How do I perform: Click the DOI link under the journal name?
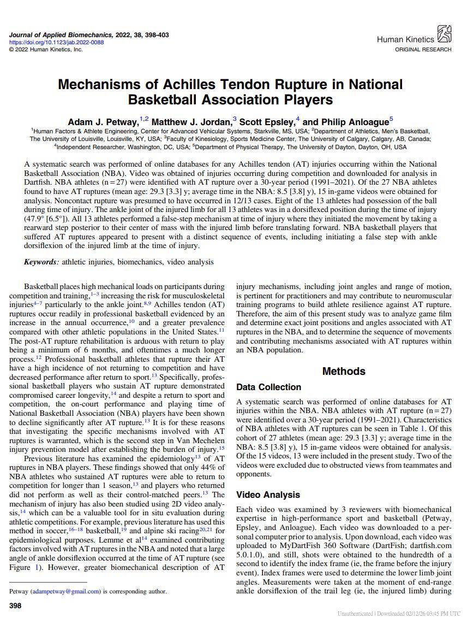click(x=56, y=42)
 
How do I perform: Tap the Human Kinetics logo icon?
click(x=445, y=34)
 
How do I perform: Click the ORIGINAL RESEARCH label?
click(x=423, y=50)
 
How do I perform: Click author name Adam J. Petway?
click(x=103, y=122)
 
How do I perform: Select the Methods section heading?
click(x=344, y=372)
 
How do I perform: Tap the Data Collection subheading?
click(x=268, y=387)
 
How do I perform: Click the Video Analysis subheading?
click(x=268, y=495)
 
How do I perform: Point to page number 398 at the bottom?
click(x=15, y=605)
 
